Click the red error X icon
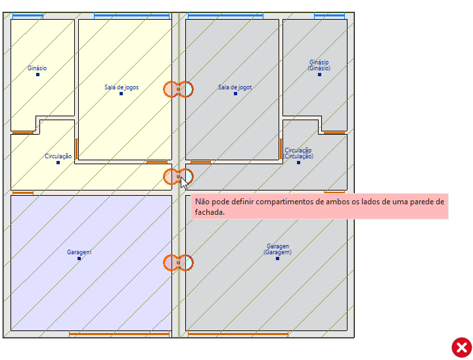click(461, 347)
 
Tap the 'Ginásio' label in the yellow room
click(37, 68)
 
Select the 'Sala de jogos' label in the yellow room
click(122, 87)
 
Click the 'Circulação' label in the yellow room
click(58, 156)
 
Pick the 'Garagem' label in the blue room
click(79, 252)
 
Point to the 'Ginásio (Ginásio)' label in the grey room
click(319, 65)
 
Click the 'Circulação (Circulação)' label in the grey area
click(298, 153)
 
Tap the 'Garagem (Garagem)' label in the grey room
click(277, 249)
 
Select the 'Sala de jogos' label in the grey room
click(235, 87)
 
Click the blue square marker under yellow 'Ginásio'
click(37, 75)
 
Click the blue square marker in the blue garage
click(79, 259)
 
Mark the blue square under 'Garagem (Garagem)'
click(277, 259)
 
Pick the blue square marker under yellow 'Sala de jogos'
click(121, 94)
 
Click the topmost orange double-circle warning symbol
click(178, 89)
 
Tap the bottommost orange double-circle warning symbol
click(178, 263)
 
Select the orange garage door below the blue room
click(119, 334)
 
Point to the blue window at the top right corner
click(330, 15)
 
